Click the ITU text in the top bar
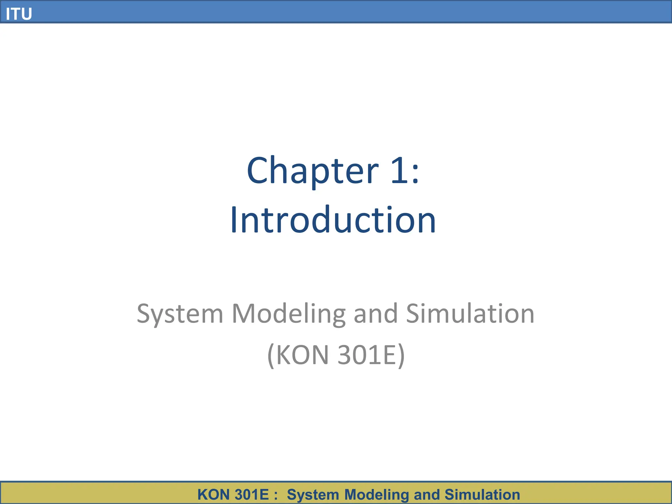19,14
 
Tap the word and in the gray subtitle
376,313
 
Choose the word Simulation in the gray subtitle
470,313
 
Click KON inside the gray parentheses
302,355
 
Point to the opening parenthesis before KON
271,356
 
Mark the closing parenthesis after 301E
401,356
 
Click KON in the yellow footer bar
213,494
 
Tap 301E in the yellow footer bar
252,494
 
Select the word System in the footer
313,495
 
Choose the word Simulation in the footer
482,494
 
